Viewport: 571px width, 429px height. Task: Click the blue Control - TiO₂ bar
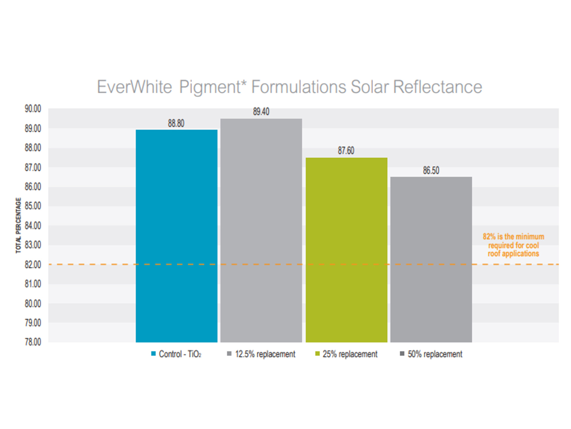click(x=176, y=236)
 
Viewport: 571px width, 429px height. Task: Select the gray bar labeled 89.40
click(x=261, y=230)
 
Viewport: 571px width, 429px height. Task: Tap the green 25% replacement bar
click(x=346, y=250)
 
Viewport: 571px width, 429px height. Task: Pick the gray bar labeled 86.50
click(x=431, y=259)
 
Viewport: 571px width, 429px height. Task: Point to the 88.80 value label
click(x=176, y=124)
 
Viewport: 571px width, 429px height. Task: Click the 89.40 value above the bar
click(x=261, y=112)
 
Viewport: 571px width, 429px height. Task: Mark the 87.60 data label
click(x=346, y=151)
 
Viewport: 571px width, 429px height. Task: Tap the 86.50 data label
click(x=431, y=171)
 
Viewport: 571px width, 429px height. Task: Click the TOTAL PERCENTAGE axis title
click(x=19, y=225)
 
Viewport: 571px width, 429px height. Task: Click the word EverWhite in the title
click(x=134, y=87)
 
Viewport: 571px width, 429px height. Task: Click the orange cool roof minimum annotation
click(x=513, y=245)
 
